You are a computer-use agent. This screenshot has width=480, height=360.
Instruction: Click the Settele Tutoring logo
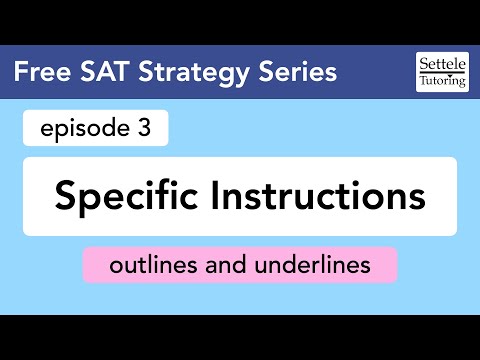(x=440, y=73)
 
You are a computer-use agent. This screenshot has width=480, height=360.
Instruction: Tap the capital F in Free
(x=23, y=73)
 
